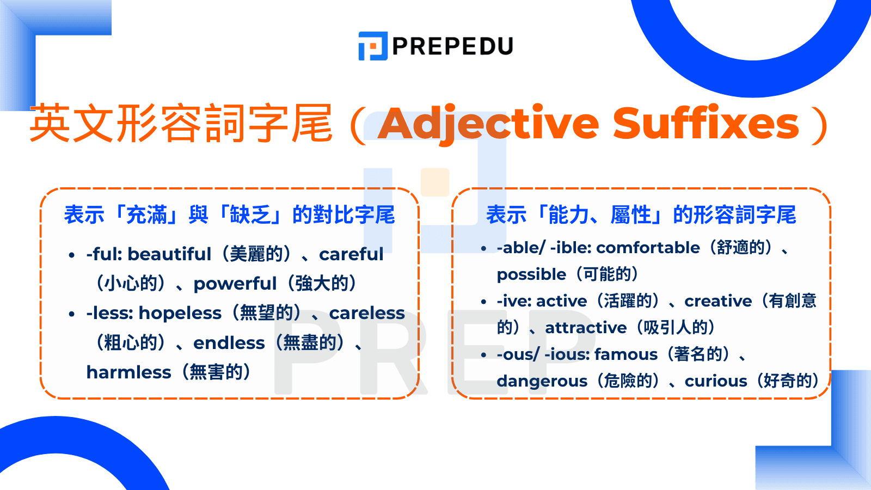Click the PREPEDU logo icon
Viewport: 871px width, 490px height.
373,46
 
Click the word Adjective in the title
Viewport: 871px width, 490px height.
488,124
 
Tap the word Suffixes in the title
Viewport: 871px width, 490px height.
706,124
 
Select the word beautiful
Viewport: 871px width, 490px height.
169,254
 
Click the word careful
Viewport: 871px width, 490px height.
351,254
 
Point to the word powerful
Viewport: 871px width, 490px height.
235,284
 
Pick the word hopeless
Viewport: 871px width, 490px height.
180,313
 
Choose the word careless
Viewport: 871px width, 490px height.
367,313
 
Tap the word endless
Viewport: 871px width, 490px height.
229,343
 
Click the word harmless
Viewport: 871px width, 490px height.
129,372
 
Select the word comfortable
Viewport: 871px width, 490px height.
652,248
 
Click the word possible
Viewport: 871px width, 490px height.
531,274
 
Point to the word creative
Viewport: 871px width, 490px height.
718,301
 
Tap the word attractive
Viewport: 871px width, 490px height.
586,328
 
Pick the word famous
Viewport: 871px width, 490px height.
626,354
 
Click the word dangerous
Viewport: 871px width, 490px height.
542,381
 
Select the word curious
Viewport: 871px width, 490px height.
716,381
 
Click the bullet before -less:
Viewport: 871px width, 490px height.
72,314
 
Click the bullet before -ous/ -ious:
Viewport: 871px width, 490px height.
483,355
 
